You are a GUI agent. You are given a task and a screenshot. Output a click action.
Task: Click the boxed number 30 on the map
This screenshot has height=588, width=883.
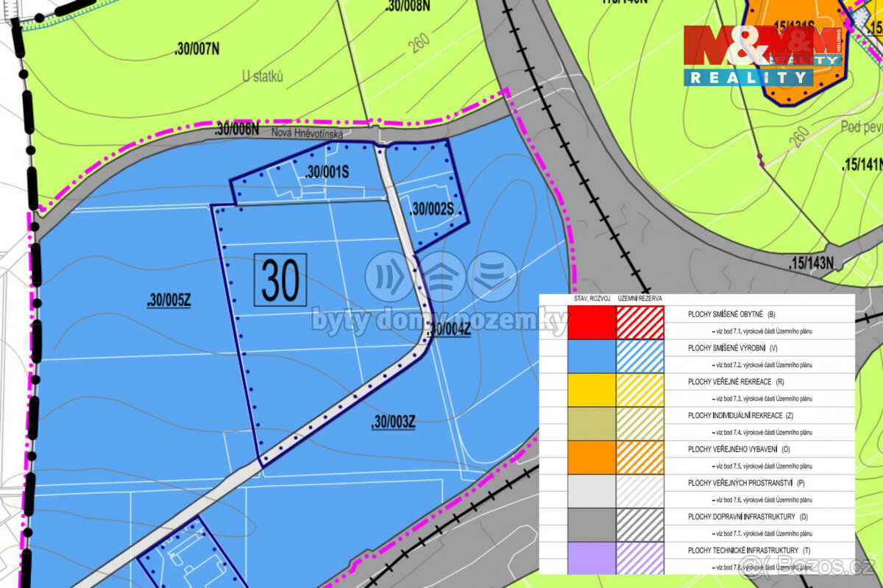(x=280, y=280)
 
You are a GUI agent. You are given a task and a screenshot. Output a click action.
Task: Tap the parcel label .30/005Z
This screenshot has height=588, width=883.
(x=169, y=300)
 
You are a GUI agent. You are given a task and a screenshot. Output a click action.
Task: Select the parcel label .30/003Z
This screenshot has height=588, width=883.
(x=394, y=422)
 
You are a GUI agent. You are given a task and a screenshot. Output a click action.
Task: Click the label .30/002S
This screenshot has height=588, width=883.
(x=431, y=209)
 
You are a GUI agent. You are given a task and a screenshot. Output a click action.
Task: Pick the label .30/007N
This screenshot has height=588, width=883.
(x=197, y=49)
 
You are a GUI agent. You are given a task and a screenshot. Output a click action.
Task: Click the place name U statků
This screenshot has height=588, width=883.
(x=263, y=76)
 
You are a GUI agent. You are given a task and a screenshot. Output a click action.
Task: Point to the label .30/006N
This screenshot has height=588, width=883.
(x=237, y=129)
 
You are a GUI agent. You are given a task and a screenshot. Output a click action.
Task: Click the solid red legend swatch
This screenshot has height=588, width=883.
(x=592, y=322)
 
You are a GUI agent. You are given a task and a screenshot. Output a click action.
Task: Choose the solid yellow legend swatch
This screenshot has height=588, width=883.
(x=592, y=389)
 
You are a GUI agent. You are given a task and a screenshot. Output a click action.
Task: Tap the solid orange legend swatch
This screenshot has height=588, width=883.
(x=592, y=456)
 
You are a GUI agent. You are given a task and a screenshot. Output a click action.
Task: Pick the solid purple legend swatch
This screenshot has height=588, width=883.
(x=592, y=557)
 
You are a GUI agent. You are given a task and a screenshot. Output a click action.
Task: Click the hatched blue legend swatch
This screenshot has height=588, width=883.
(x=640, y=355)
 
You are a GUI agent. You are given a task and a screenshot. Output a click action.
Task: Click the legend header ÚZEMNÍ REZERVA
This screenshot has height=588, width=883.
(x=640, y=299)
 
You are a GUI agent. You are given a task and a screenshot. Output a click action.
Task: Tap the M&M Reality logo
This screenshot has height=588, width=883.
(x=762, y=55)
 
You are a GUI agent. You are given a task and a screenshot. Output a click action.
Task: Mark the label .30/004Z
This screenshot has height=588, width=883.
(x=448, y=330)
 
